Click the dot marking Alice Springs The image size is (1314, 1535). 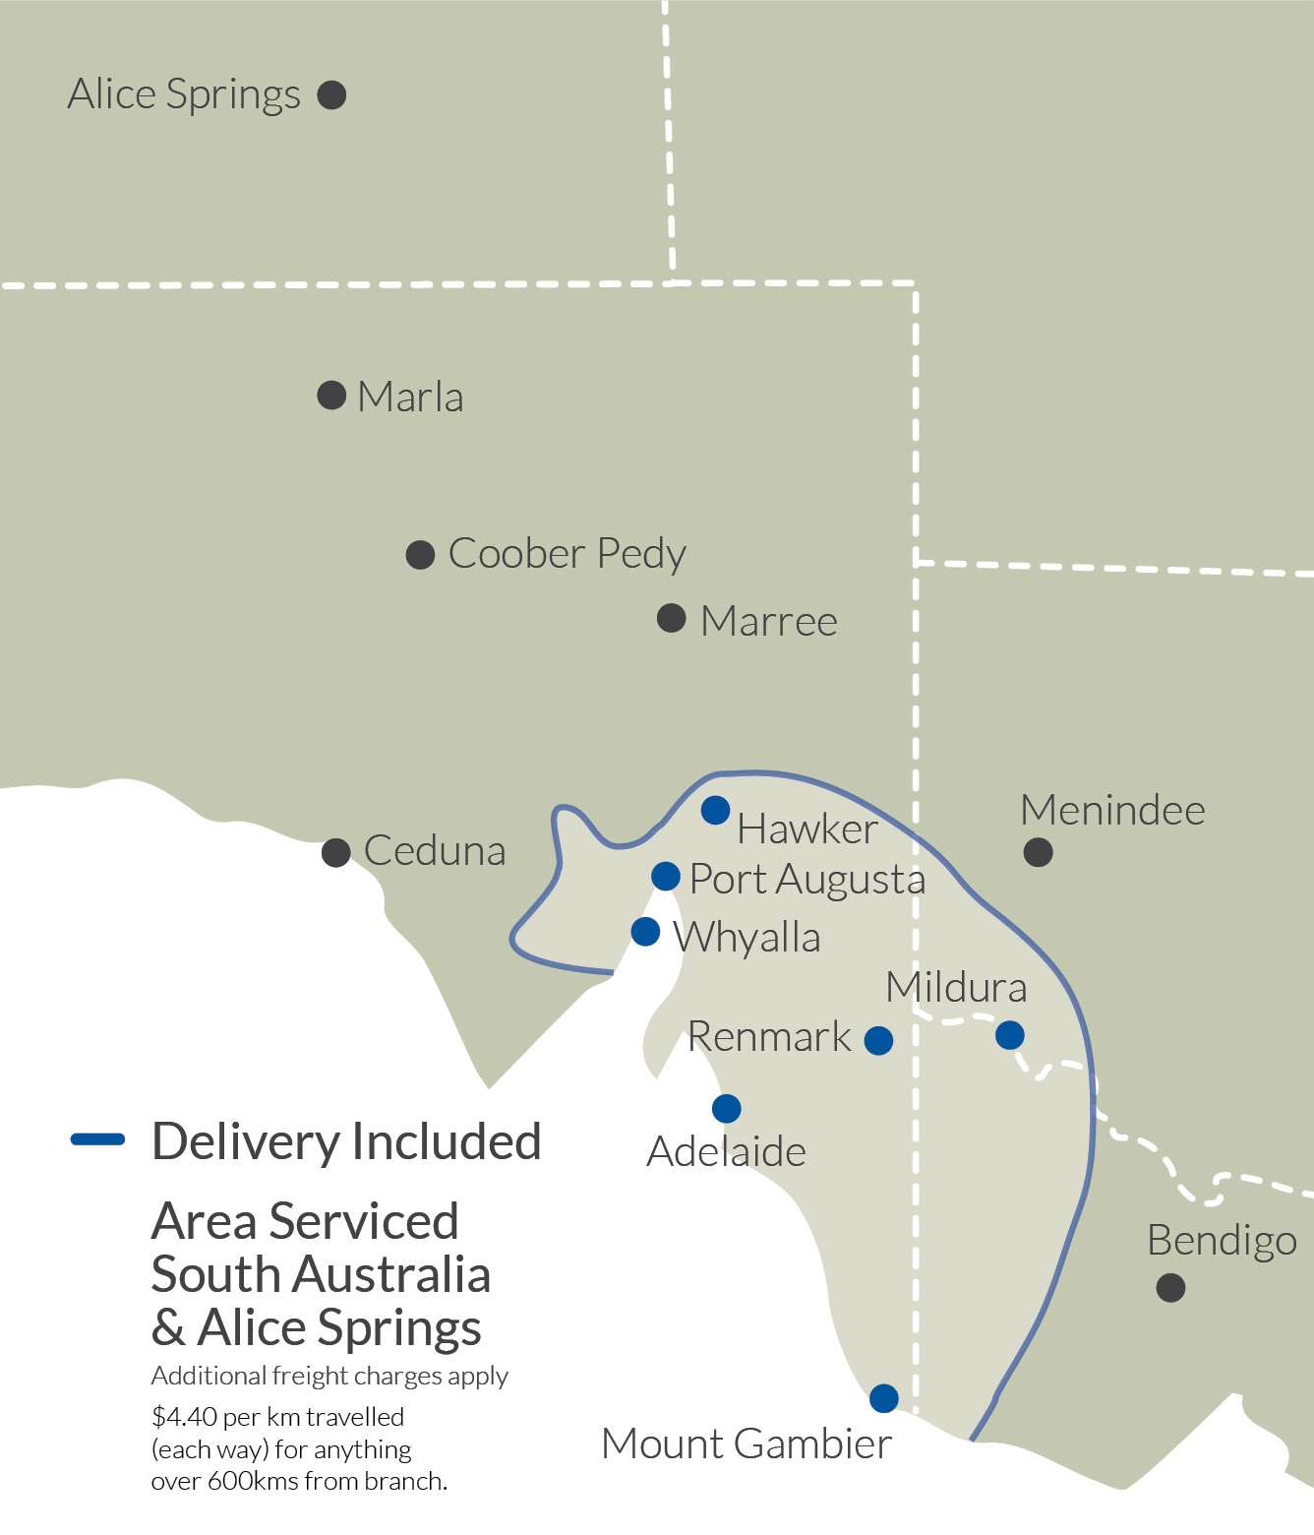click(x=331, y=95)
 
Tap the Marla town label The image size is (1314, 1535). click(x=410, y=398)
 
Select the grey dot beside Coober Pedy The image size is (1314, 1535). click(x=421, y=555)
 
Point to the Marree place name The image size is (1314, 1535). click(x=769, y=622)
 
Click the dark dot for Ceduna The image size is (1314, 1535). click(x=336, y=852)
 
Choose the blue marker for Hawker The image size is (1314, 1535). click(x=715, y=810)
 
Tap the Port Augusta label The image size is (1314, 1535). click(x=806, y=880)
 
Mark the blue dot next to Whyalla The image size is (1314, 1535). click(x=645, y=931)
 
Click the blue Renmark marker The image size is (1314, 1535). click(x=878, y=1040)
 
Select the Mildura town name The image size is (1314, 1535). click(x=956, y=988)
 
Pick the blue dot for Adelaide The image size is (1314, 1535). click(x=726, y=1109)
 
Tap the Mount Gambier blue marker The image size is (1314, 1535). click(x=884, y=1397)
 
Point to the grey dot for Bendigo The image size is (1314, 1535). click(x=1170, y=1287)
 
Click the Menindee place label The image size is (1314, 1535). click(x=1112, y=811)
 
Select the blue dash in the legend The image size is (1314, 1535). click(x=97, y=1140)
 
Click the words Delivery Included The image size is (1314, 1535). click(x=346, y=1142)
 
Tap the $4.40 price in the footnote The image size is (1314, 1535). click(x=184, y=1417)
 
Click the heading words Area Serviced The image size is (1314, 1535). click(x=305, y=1222)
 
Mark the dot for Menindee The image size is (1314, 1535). click(x=1038, y=852)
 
